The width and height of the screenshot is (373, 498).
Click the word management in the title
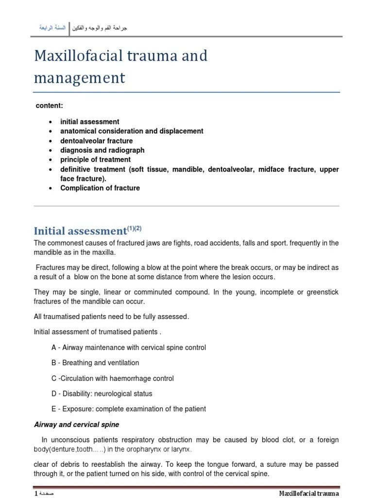[x=79, y=78]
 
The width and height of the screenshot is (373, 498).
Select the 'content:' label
[x=50, y=106]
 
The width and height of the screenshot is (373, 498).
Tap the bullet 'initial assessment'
[x=89, y=122]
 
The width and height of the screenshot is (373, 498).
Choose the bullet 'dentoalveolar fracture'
[x=96, y=141]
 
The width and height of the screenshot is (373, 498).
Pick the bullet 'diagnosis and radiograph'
[x=102, y=150]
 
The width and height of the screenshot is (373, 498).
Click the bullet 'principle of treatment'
[x=95, y=160]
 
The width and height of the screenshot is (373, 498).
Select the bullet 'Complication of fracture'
[x=100, y=188]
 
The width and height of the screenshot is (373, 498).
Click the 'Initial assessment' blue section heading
[x=80, y=231]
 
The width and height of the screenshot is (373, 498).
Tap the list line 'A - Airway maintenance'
[x=128, y=347]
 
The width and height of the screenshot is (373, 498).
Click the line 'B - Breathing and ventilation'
[x=95, y=363]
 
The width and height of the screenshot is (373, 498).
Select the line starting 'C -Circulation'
[x=112, y=378]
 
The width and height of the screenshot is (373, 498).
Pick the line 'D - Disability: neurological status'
[x=102, y=393]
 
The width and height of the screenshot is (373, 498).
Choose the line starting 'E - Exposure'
[x=128, y=409]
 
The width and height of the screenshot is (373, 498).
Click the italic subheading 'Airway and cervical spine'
[x=76, y=425]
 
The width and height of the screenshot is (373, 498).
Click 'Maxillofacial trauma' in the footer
[x=309, y=494]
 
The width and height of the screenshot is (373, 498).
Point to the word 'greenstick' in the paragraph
[x=321, y=292]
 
